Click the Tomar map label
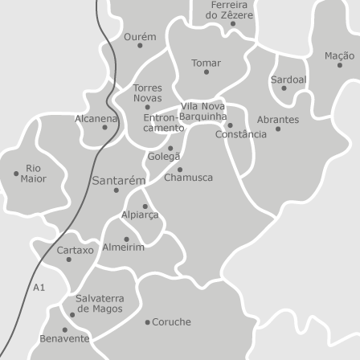[206, 62]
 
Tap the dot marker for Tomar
[206, 72]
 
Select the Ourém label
[140, 37]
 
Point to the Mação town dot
[339, 65]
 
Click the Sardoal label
[288, 80]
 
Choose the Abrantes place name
[278, 119]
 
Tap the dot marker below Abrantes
[278, 129]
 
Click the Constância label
[240, 134]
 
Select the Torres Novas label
[147, 92]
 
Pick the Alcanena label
[96, 118]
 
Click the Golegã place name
[164, 157]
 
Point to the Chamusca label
[188, 178]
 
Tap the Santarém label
[118, 181]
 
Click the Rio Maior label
[34, 174]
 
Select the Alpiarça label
[140, 215]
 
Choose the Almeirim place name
[124, 247]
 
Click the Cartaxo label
[75, 250]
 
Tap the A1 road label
[39, 287]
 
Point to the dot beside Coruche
[147, 322]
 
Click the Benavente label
[64, 339]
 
